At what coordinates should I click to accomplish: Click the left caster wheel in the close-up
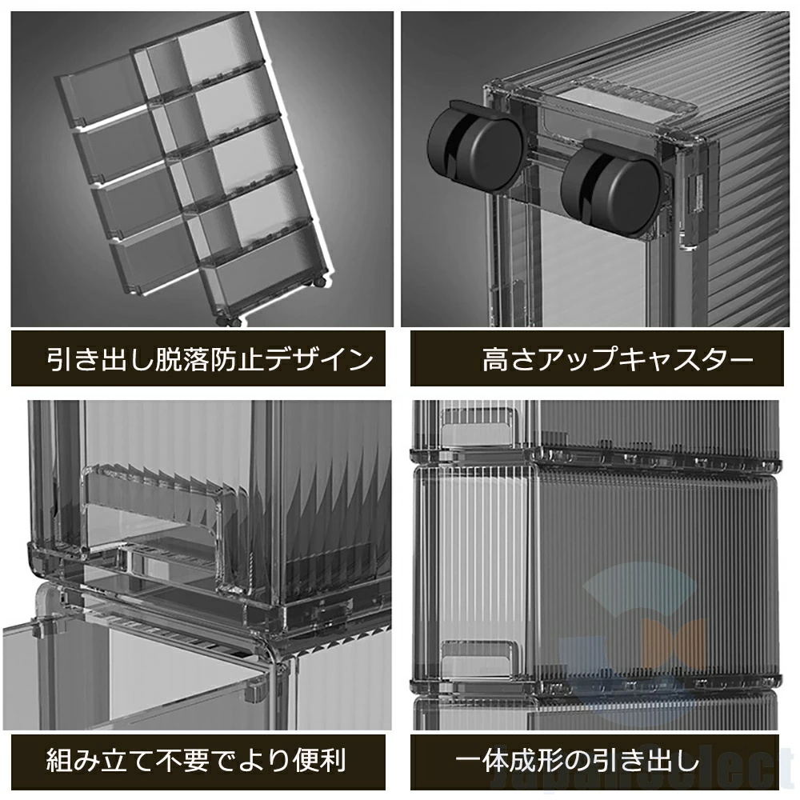(x=474, y=149)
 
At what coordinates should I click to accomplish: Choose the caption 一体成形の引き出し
(x=578, y=760)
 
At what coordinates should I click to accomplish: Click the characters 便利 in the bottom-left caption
(x=320, y=760)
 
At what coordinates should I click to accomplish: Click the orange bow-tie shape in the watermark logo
(x=674, y=644)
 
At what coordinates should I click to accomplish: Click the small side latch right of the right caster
(x=695, y=194)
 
